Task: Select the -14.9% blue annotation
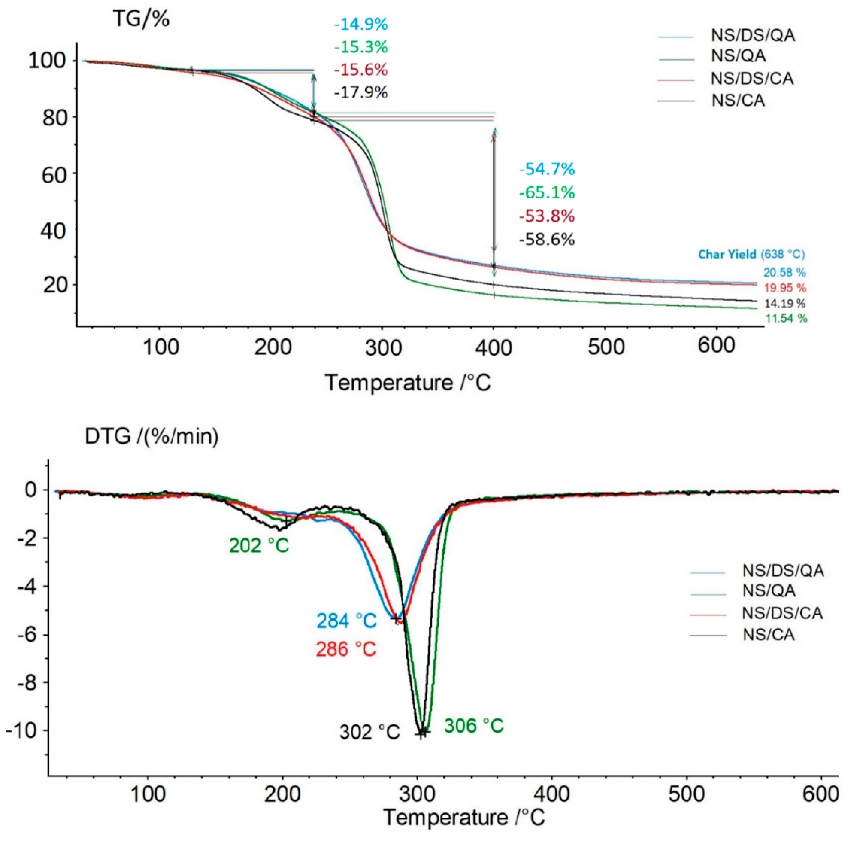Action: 361,24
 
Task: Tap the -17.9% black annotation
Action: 361,92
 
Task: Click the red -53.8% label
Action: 547,216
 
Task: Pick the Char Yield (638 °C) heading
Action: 751,254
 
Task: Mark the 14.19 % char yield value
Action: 785,303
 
